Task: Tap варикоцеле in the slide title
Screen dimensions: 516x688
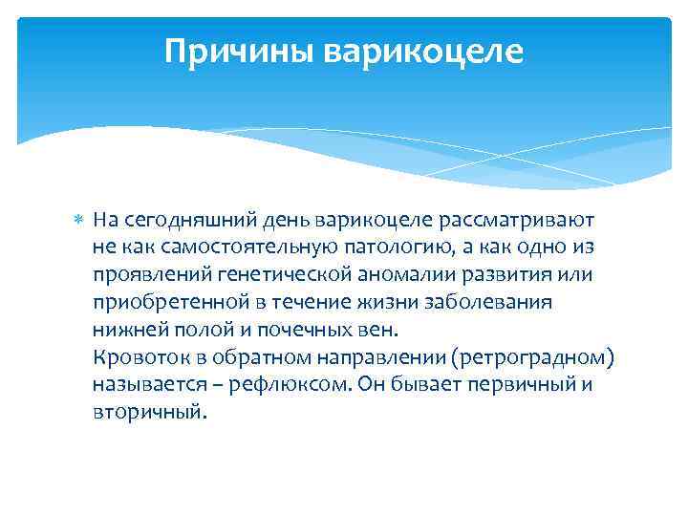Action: point(423,52)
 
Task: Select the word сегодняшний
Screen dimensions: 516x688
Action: point(178,220)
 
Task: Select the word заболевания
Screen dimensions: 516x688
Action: point(501,303)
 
